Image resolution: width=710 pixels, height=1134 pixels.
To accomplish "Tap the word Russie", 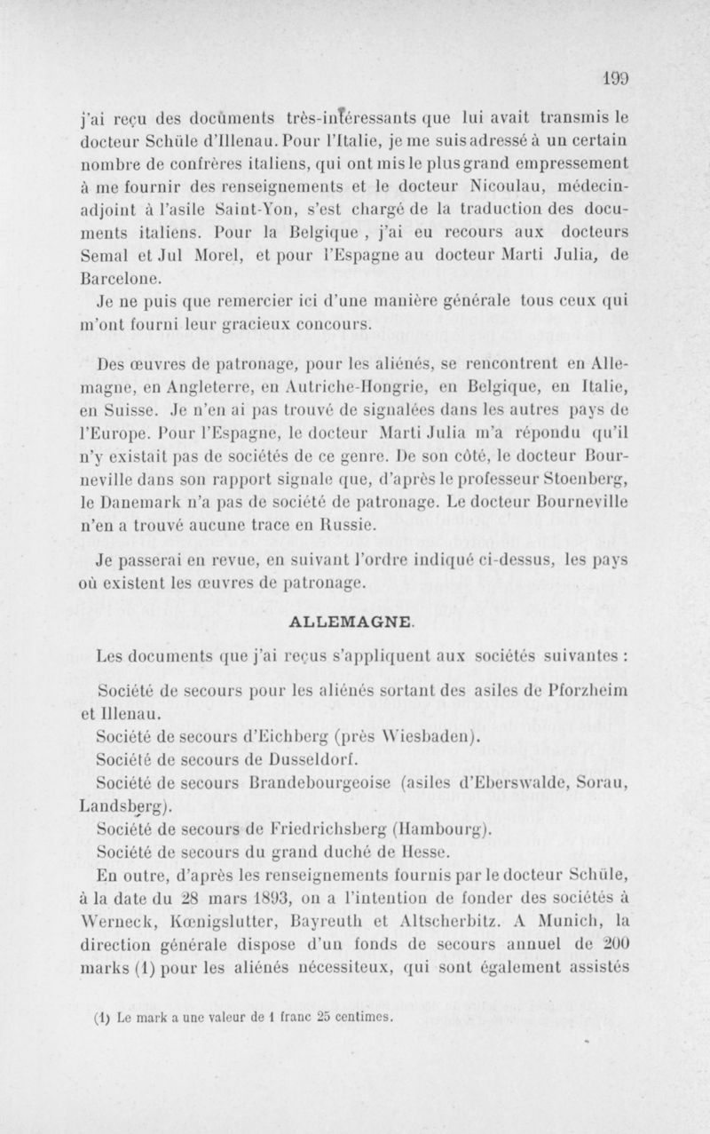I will (x=324, y=525).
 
